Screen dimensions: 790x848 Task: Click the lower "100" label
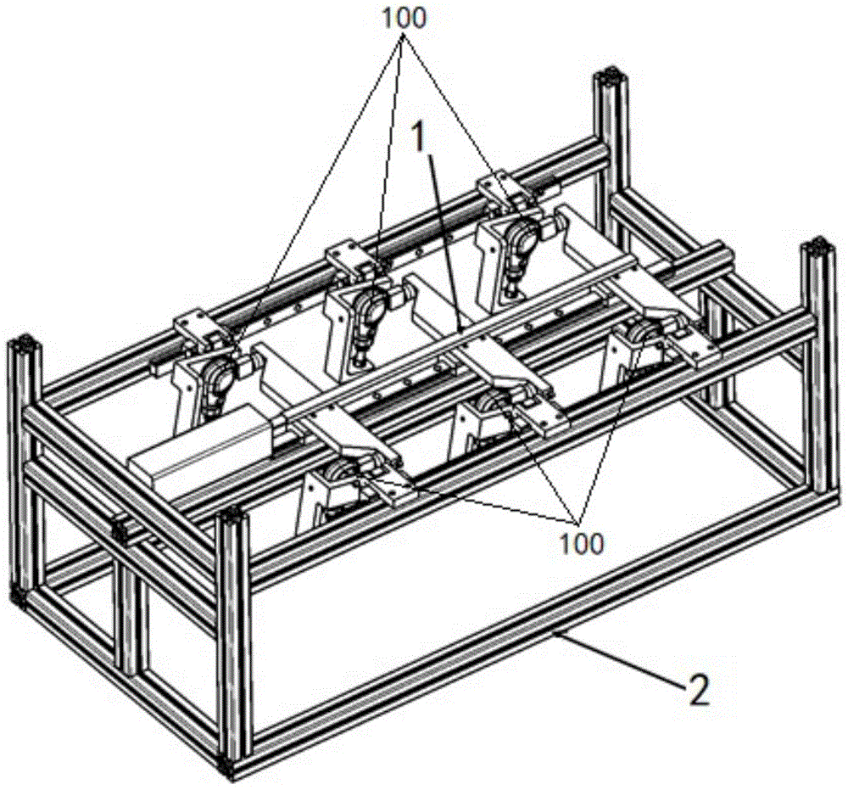pos(580,542)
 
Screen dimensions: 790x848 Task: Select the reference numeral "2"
pos(698,691)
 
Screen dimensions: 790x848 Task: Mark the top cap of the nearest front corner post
pos(233,520)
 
